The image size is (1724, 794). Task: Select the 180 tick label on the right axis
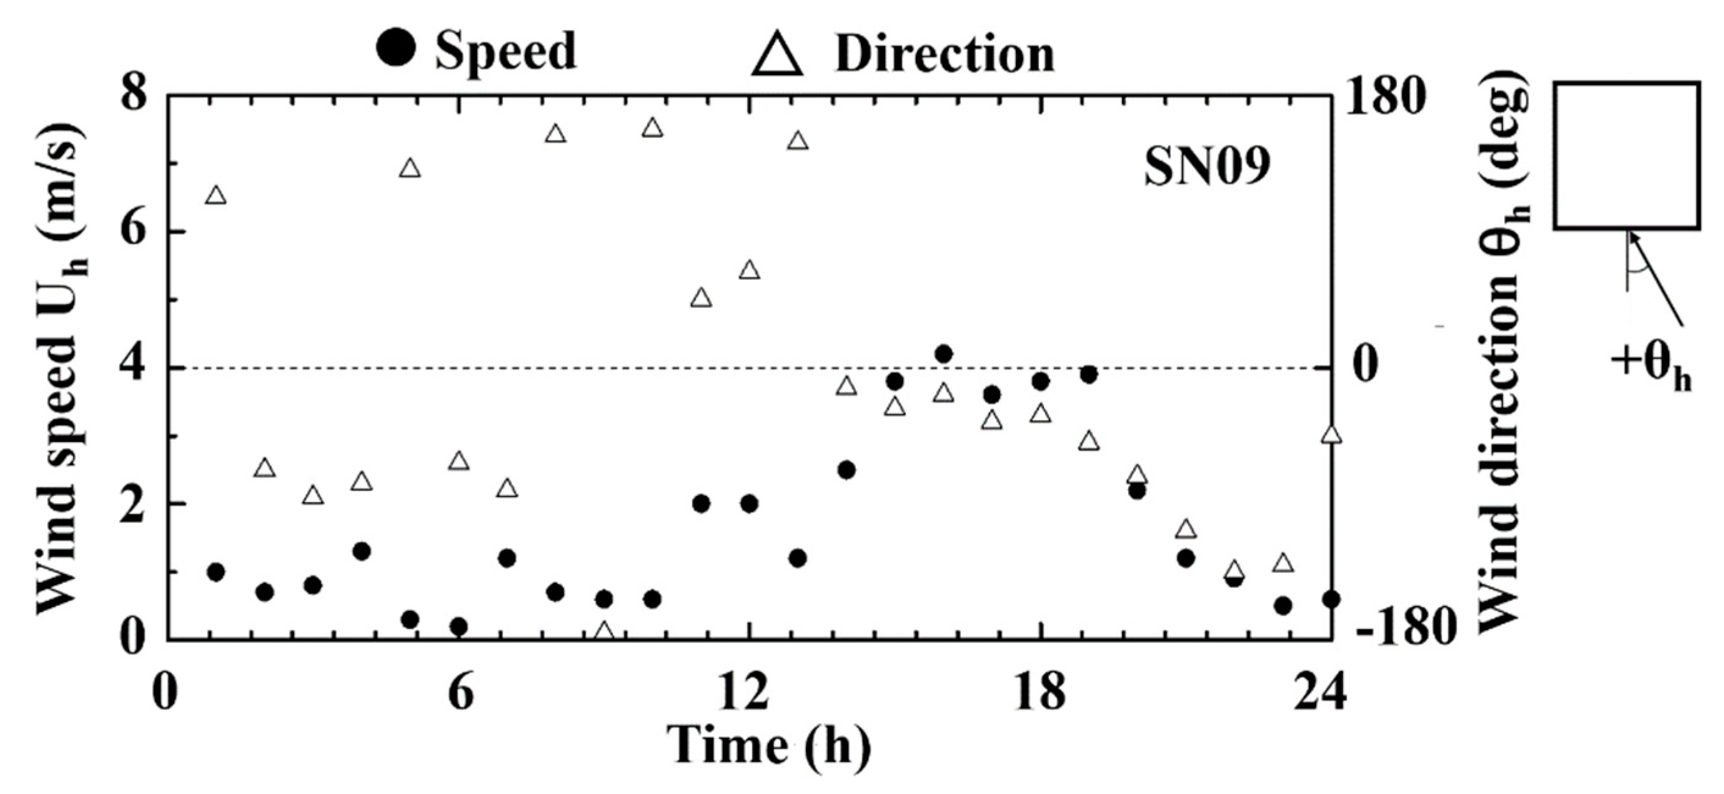1385,98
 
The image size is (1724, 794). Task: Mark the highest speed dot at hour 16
944,354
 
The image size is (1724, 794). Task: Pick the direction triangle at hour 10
653,128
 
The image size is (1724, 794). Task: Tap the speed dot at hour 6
458,627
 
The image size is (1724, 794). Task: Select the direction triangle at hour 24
1332,434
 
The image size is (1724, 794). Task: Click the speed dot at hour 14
847,470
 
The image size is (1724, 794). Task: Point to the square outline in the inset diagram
1626,155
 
